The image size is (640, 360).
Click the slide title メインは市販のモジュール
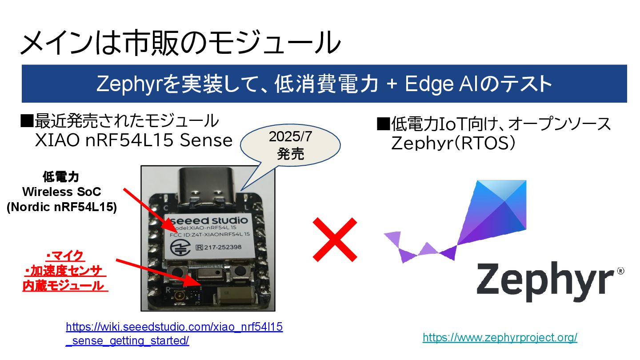(180, 43)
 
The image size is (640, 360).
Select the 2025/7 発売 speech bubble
(290, 145)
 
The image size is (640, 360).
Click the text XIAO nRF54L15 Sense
(134, 141)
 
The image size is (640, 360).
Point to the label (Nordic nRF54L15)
(62, 208)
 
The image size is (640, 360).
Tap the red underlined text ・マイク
(65, 256)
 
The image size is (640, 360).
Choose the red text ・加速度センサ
(65, 271)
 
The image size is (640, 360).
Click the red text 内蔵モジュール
(65, 286)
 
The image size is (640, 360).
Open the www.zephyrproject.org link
(500, 338)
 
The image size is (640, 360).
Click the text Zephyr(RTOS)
(453, 143)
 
